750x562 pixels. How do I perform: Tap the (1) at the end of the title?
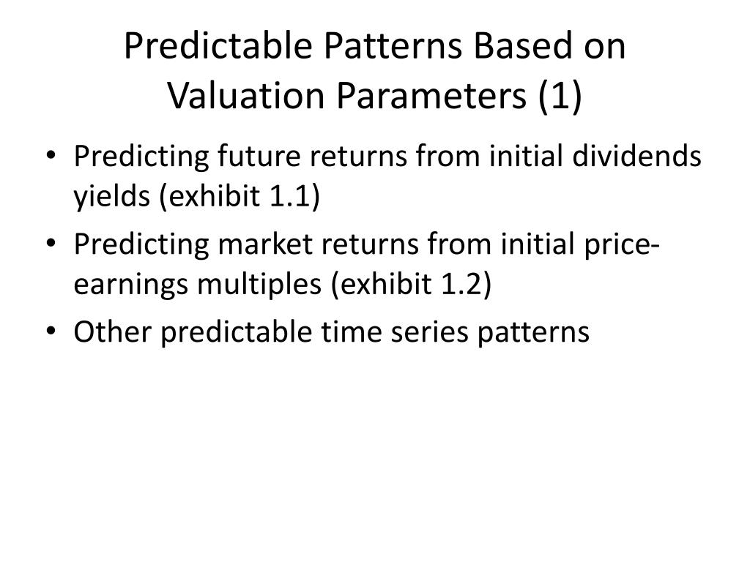[560, 96]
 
